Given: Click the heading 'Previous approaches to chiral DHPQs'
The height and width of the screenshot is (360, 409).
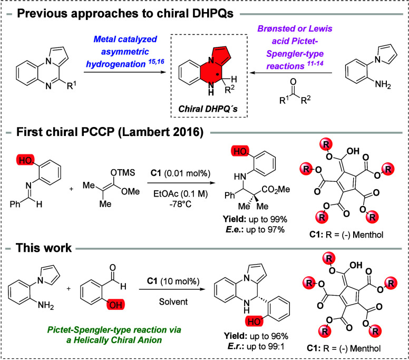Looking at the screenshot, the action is tap(125, 13).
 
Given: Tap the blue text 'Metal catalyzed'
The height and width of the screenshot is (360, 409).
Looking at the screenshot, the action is tap(125, 39).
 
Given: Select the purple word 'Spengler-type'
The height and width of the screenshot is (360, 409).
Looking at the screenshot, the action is tap(295, 54).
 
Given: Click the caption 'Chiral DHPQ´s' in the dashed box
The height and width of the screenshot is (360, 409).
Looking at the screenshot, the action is tap(208, 109).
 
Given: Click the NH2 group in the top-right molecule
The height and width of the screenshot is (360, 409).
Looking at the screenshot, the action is tap(383, 84).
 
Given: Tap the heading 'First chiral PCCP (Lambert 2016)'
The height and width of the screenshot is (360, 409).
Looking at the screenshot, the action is tap(110, 132).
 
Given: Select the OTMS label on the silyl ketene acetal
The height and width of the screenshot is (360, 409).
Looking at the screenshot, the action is tap(123, 172).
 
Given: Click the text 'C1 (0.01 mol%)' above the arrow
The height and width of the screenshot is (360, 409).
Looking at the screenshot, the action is tap(180, 173).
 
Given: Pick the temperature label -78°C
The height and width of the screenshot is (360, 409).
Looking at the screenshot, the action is tap(180, 204).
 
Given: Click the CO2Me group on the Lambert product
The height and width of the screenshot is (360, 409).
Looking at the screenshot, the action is tap(276, 189).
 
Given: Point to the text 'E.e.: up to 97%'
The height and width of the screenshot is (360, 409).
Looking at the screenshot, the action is tap(255, 230).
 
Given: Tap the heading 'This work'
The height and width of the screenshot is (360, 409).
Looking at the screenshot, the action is tap(44, 248).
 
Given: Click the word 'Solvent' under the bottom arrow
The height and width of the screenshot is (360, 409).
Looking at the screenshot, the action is tap(173, 302).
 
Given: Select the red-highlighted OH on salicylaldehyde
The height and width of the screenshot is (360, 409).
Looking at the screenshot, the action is tap(116, 305).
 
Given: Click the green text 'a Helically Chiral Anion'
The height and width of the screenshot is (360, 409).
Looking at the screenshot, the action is tap(114, 340).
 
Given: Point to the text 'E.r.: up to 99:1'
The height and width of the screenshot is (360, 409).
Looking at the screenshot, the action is tap(256, 346).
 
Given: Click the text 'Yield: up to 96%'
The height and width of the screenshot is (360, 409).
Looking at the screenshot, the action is tap(256, 336).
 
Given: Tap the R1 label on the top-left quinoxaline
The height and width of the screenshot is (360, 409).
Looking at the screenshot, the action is tap(72, 85).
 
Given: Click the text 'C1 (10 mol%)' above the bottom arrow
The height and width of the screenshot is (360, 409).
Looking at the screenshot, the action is tap(173, 281).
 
